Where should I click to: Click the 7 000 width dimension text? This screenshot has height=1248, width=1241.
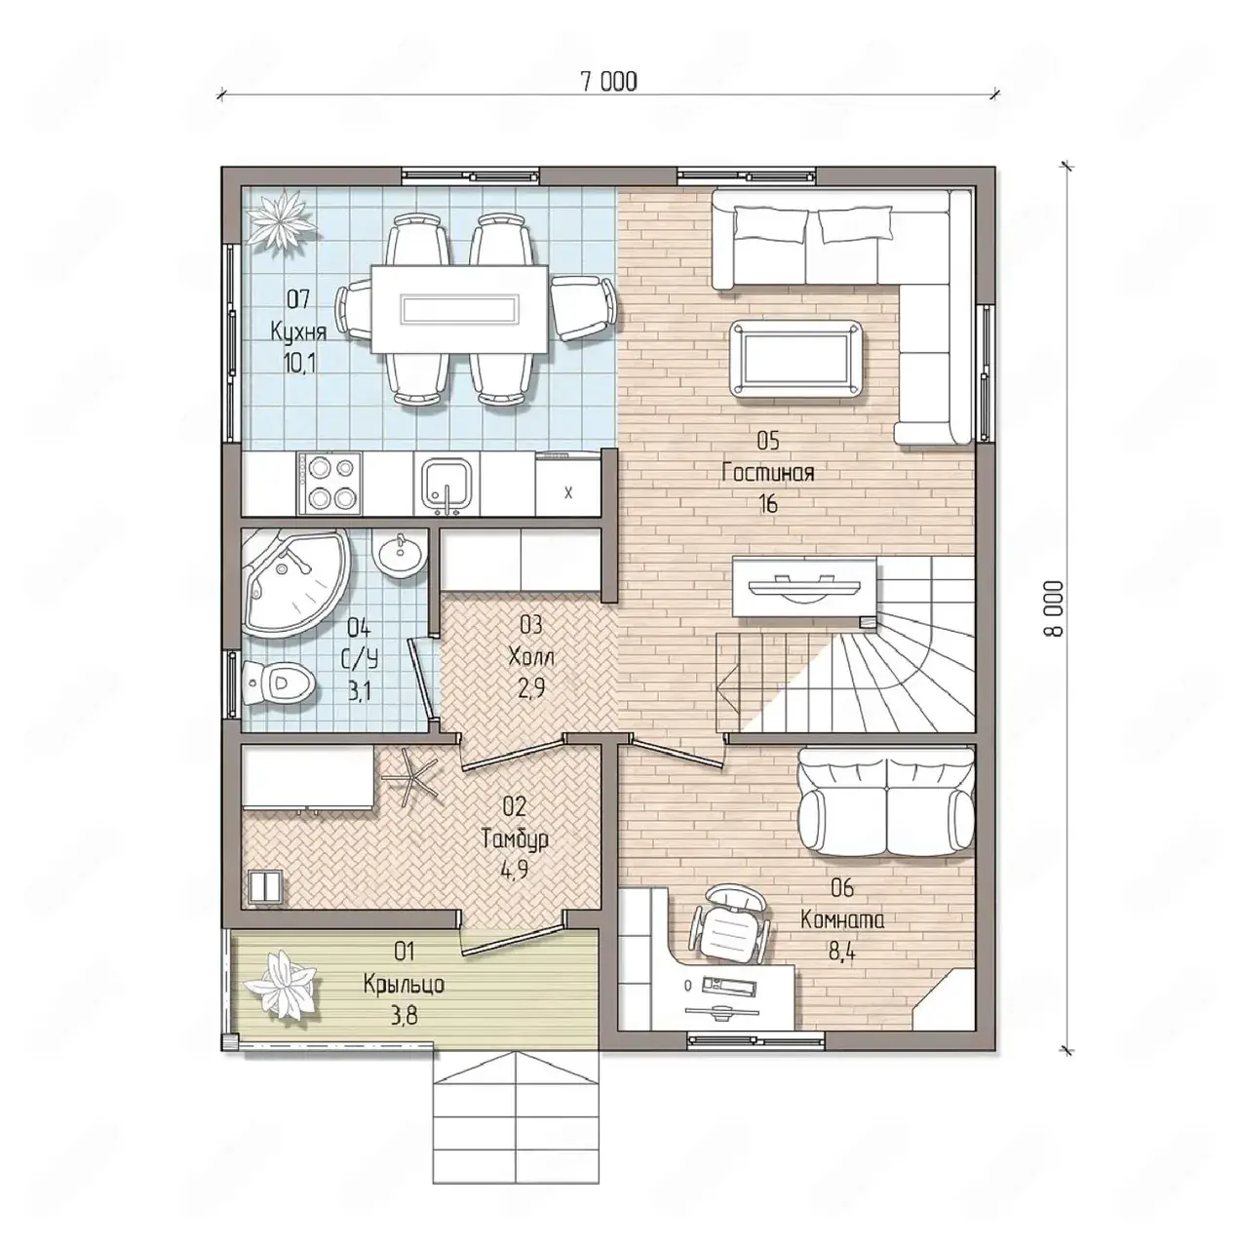click(608, 82)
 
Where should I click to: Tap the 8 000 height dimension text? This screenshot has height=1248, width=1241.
click(1054, 608)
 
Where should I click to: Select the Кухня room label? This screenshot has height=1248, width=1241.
click(298, 332)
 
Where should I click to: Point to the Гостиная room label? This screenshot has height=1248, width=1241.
click(767, 472)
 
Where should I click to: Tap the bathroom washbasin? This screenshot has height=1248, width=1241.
click(400, 554)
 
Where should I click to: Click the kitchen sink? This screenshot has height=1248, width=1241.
click(446, 487)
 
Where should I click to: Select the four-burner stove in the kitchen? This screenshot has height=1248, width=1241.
click(330, 484)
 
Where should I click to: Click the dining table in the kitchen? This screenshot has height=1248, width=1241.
click(459, 309)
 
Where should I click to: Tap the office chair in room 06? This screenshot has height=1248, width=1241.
click(730, 924)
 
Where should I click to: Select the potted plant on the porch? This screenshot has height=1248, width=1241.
click(283, 985)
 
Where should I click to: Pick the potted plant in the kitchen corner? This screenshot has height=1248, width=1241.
click(280, 219)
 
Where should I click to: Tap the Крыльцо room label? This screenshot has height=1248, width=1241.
click(403, 983)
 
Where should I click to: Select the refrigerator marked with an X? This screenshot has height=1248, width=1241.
click(568, 485)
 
